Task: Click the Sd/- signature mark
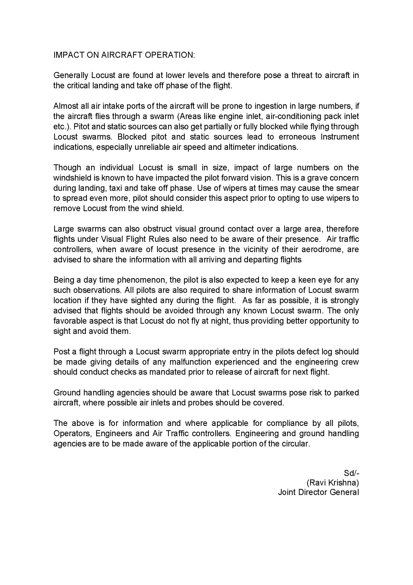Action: click(351, 473)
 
